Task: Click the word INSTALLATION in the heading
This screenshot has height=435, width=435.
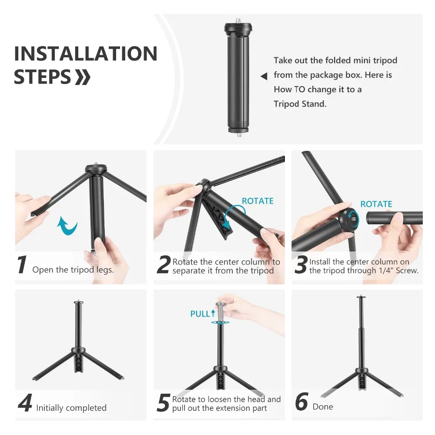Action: pyautogui.click(x=86, y=54)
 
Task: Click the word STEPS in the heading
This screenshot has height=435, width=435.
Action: pyautogui.click(x=42, y=77)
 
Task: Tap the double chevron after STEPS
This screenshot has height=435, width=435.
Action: pyautogui.click(x=83, y=77)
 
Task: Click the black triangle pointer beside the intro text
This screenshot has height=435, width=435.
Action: pyautogui.click(x=264, y=77)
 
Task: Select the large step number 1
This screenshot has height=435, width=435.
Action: pyautogui.click(x=22, y=265)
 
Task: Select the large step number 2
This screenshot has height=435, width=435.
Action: pyautogui.click(x=163, y=265)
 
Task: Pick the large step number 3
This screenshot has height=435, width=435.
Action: pyautogui.click(x=301, y=265)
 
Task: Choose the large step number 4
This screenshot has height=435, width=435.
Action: pyautogui.click(x=25, y=403)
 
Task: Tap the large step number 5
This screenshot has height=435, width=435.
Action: pyautogui.click(x=163, y=403)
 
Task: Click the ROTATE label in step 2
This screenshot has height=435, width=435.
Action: pyautogui.click(x=258, y=201)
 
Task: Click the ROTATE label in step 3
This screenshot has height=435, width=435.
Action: pyautogui.click(x=376, y=204)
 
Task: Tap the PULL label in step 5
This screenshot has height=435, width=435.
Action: pyautogui.click(x=200, y=314)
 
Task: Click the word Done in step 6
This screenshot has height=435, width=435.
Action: pyautogui.click(x=323, y=407)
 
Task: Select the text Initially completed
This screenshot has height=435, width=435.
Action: pyautogui.click(x=71, y=408)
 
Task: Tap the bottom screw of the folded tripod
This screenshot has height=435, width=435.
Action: pyautogui.click(x=239, y=135)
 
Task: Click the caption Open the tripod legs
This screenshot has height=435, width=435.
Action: pyautogui.click(x=73, y=270)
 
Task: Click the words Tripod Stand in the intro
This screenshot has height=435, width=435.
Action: pyautogui.click(x=300, y=104)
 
